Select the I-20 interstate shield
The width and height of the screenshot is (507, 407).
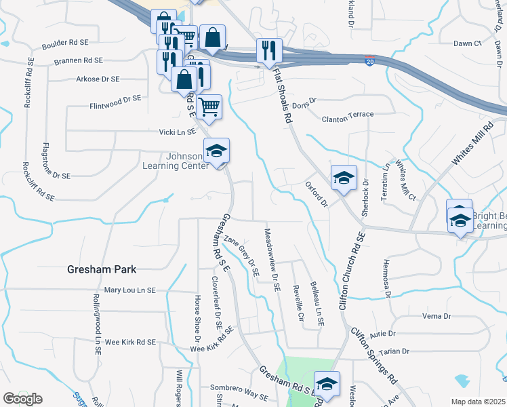(368, 61)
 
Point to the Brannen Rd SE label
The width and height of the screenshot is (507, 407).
(78, 60)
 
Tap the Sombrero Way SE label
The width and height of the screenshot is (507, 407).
(239, 394)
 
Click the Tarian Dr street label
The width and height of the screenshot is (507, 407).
(395, 351)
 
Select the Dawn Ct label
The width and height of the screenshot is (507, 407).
(467, 43)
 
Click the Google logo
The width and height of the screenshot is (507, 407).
(23, 399)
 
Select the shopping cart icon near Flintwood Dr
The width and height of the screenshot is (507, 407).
(209, 106)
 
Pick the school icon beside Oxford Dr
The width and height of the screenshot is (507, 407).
(344, 178)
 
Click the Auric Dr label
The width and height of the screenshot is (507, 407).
(382, 334)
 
